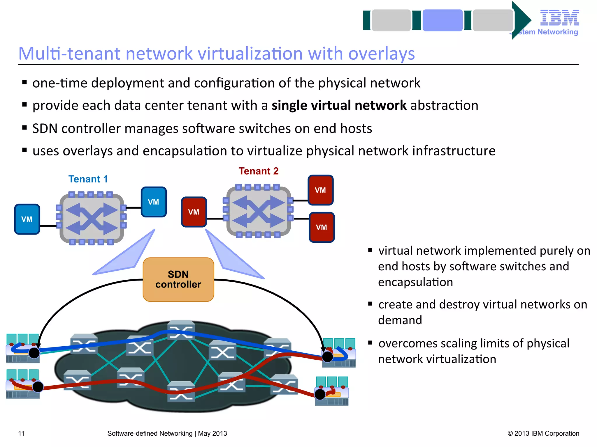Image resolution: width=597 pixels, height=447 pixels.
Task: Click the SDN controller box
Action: click(x=178, y=279)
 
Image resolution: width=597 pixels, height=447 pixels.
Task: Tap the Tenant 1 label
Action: click(x=88, y=179)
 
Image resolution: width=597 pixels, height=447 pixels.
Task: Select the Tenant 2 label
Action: click(x=259, y=171)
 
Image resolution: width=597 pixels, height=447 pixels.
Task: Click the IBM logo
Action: click(x=559, y=18)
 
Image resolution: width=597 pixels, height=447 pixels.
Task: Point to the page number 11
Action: click(x=21, y=433)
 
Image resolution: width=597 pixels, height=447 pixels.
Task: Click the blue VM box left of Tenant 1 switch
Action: click(x=27, y=219)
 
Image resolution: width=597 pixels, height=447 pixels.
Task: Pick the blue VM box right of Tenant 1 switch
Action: click(x=154, y=202)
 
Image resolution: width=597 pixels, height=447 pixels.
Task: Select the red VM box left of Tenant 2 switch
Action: click(x=194, y=212)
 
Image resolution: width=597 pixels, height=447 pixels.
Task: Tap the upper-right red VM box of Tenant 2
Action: click(x=320, y=190)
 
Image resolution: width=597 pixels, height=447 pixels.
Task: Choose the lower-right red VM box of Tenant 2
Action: click(x=322, y=227)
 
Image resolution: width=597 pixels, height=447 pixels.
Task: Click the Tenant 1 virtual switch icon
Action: click(x=92, y=218)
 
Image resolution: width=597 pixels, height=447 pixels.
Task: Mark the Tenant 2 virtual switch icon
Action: click(x=258, y=211)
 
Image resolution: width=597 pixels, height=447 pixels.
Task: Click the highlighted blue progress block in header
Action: click(x=443, y=20)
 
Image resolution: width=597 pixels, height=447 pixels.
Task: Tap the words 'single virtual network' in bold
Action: click(x=339, y=105)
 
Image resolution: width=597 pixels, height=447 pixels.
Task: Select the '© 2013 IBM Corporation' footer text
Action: click(x=543, y=433)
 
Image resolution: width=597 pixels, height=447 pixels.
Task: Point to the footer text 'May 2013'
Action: click(x=213, y=433)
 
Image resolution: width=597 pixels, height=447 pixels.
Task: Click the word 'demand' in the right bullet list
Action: click(x=400, y=320)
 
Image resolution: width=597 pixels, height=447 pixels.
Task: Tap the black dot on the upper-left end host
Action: click(x=34, y=353)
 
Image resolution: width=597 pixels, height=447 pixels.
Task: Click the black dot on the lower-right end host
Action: click(x=320, y=394)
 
